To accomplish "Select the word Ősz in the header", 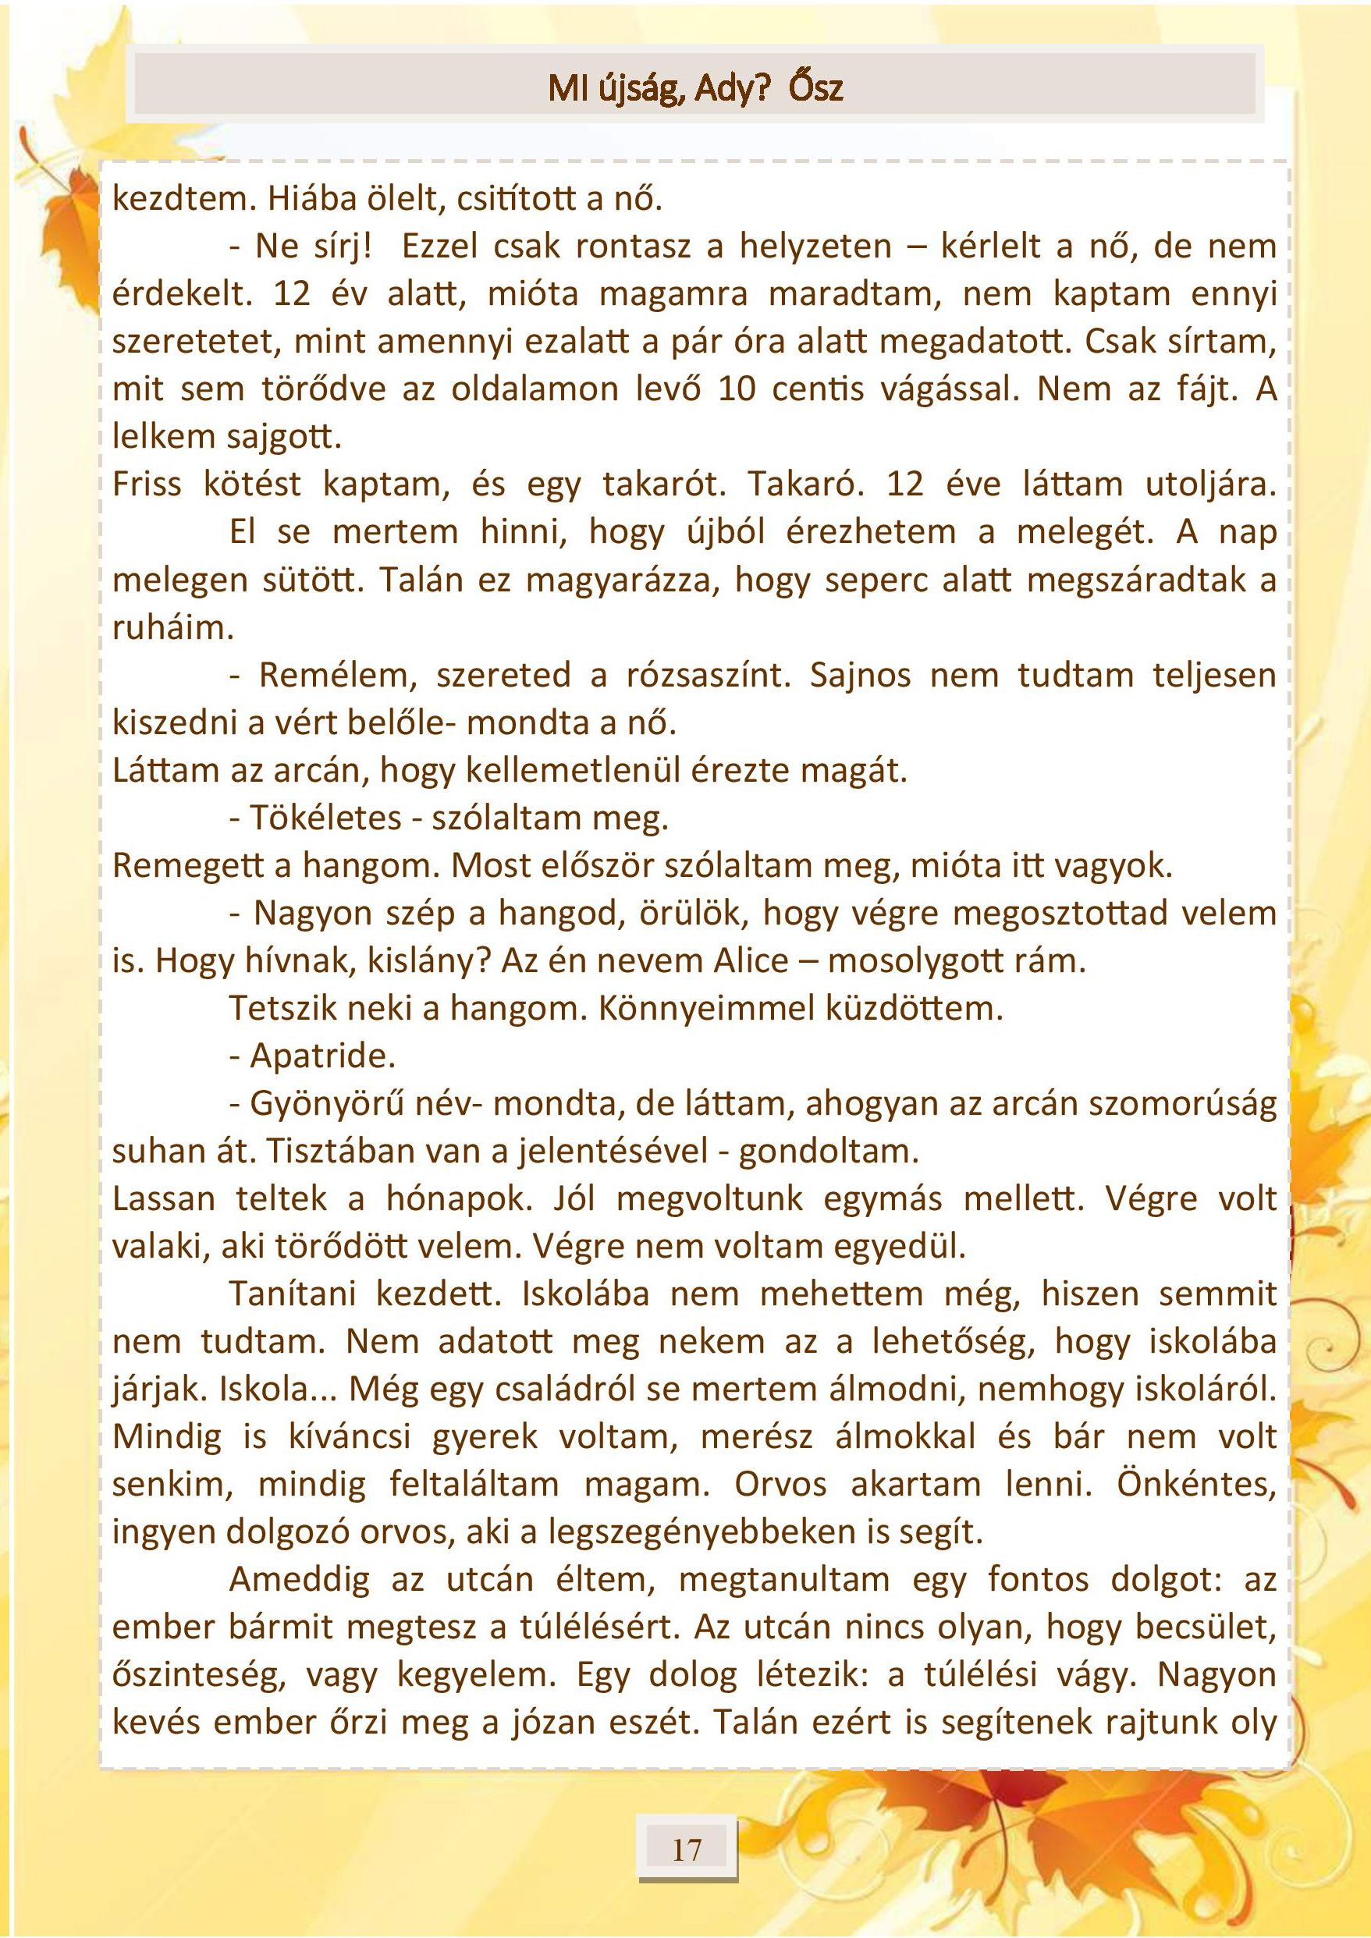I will tap(815, 89).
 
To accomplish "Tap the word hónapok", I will tap(460, 1199).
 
